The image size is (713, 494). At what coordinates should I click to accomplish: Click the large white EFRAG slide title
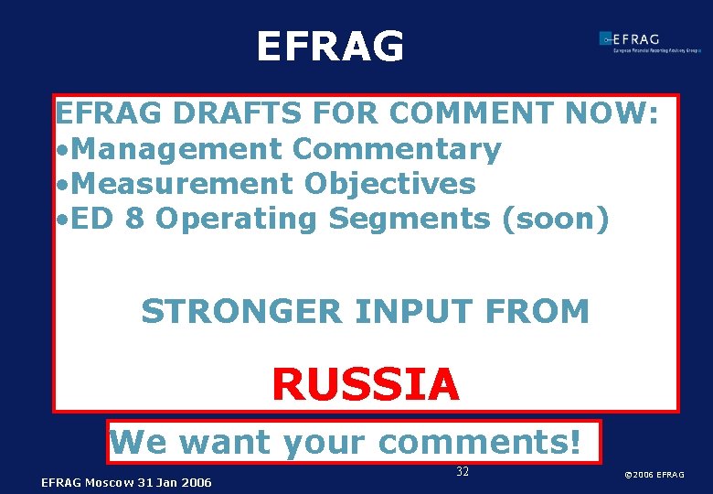pyautogui.click(x=330, y=47)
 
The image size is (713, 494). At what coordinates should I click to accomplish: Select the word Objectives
pyautogui.click(x=390, y=183)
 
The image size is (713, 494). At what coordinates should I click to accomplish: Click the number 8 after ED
pyautogui.click(x=133, y=219)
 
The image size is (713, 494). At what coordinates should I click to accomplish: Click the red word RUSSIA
pyautogui.click(x=366, y=384)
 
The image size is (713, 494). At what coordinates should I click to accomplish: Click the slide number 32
pyautogui.click(x=463, y=472)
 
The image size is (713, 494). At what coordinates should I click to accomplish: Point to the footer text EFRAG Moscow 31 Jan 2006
pyautogui.click(x=126, y=482)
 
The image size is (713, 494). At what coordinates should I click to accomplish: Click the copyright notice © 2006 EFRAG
pyautogui.click(x=654, y=475)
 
